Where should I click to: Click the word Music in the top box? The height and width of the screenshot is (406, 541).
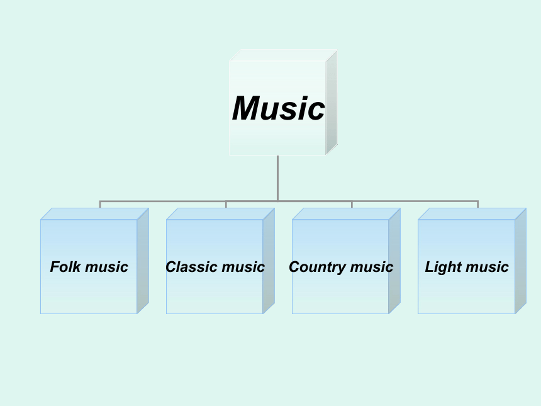[279, 108]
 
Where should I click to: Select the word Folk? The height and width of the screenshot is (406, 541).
[65, 266]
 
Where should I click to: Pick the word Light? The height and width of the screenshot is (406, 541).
[439, 266]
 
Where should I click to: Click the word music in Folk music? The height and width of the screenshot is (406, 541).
[106, 267]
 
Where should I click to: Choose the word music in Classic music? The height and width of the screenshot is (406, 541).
[243, 267]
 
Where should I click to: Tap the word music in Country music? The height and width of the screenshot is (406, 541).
[372, 267]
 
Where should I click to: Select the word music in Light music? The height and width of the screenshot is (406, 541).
[487, 267]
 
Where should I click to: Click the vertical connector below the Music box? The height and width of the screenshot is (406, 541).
[278, 178]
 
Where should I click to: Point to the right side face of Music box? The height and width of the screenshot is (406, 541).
[332, 102]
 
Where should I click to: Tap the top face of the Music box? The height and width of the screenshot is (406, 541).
[283, 55]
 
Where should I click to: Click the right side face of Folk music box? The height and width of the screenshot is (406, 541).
[143, 261]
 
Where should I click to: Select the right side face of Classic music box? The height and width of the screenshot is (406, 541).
[269, 261]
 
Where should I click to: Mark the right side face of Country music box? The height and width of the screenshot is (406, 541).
[394, 261]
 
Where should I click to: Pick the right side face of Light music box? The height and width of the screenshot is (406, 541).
[521, 261]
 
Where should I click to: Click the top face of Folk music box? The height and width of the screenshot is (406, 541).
[94, 214]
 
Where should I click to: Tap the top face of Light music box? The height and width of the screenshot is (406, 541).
[472, 214]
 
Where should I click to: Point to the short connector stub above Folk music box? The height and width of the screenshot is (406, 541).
[100, 205]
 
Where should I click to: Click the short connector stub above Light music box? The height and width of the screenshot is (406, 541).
[478, 205]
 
